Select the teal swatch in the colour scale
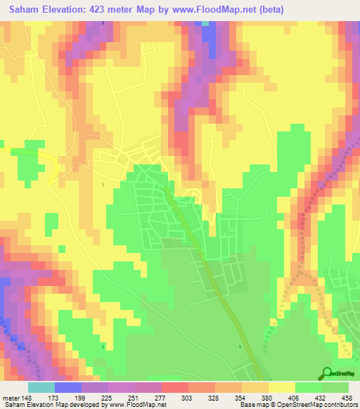pos(41,387)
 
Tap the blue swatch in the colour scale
pos(68,387)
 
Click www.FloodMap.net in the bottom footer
pos(138,405)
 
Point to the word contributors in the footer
pos(339,405)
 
